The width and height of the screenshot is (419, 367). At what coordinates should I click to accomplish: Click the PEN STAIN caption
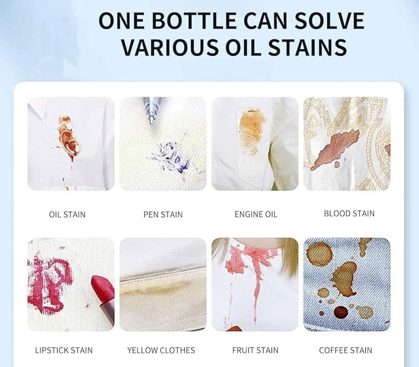(163, 215)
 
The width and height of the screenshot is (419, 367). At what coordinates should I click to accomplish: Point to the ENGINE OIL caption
(256, 215)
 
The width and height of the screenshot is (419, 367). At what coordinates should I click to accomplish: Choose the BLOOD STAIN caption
(349, 213)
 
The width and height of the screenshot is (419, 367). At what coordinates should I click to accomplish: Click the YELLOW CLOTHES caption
(161, 350)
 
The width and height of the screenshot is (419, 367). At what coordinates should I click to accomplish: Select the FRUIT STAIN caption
(255, 350)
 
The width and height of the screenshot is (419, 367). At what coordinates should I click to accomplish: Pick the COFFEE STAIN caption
(345, 350)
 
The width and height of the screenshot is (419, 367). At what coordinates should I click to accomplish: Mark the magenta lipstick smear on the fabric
(50, 281)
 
